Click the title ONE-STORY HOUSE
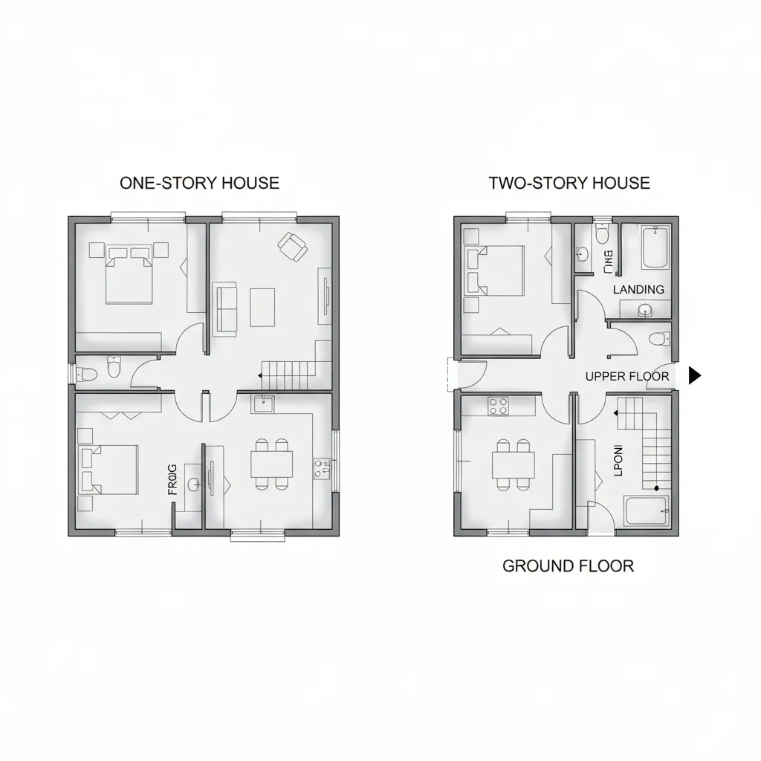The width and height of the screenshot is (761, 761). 199,183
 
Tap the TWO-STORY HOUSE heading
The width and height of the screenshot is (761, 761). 569,183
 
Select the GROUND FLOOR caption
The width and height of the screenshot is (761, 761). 568,566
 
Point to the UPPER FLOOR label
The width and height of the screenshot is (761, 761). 626,376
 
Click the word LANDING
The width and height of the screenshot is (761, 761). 638,290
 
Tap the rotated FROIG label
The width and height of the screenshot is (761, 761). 172,479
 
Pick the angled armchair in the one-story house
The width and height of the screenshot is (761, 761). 292,246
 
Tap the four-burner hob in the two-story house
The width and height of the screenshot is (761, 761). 497,406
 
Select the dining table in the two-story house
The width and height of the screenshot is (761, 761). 513,465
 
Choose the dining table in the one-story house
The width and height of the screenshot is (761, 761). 271,465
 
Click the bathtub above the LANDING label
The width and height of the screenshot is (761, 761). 655,248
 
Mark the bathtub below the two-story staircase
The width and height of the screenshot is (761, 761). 647,511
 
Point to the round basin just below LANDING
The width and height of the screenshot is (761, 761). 644,310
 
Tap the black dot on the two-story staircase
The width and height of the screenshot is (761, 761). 656,488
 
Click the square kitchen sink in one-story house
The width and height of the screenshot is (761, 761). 264,404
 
